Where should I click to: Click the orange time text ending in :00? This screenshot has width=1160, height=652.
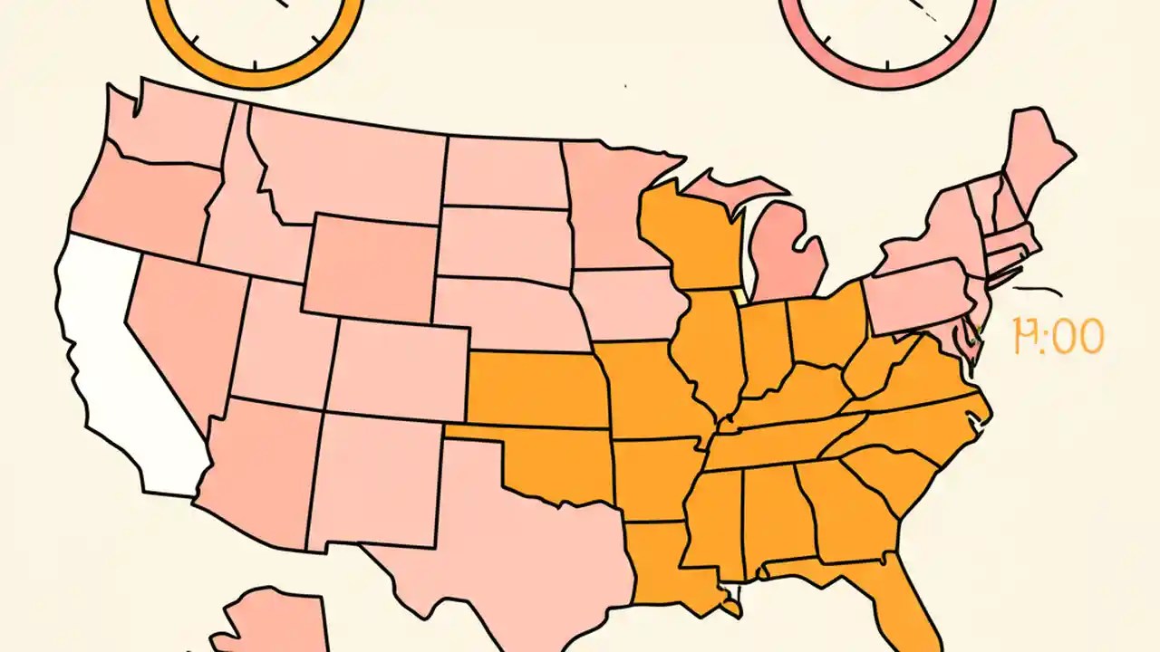(x=1058, y=337)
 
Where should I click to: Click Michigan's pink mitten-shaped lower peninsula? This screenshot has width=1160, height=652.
(x=787, y=254)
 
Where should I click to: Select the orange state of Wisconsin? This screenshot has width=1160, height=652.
(x=689, y=235)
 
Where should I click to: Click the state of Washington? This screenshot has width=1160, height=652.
(x=168, y=127)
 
